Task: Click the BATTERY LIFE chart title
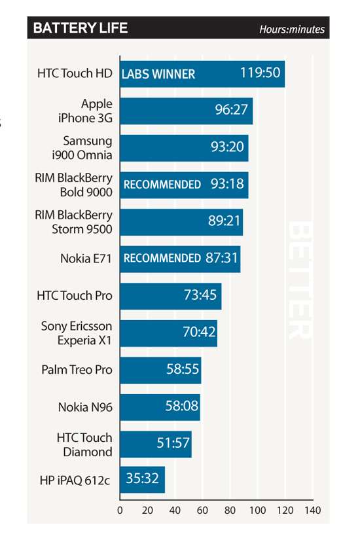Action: (x=81, y=28)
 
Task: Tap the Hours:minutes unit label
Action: (x=292, y=29)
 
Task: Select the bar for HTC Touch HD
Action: (x=202, y=74)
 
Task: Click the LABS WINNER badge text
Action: (x=158, y=74)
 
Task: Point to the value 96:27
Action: (x=231, y=109)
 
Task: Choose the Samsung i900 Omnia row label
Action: (x=82, y=147)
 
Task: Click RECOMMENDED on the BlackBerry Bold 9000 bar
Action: (x=162, y=184)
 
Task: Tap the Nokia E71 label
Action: (x=86, y=259)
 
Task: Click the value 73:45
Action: (x=200, y=295)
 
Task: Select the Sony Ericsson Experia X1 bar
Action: (x=169, y=333)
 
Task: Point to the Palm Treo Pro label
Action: (x=77, y=369)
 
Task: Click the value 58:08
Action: (x=182, y=405)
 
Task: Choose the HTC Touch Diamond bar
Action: (x=156, y=444)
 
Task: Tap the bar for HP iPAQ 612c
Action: (x=142, y=480)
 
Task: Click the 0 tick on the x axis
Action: (x=120, y=510)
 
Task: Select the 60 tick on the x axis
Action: (x=202, y=510)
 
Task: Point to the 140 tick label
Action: (x=312, y=510)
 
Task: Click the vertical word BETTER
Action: (x=300, y=280)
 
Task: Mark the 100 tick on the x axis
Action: (x=258, y=510)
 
